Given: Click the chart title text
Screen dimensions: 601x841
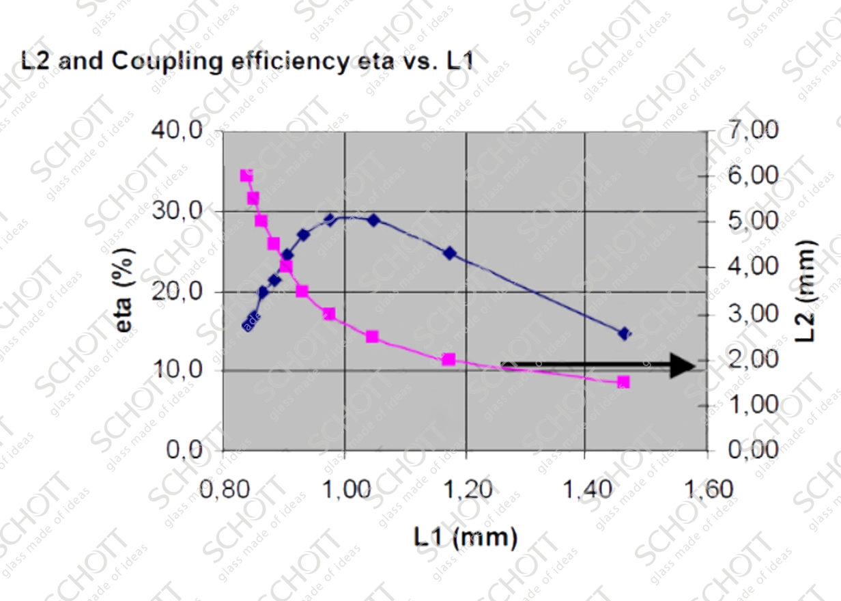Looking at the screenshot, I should coord(247,61).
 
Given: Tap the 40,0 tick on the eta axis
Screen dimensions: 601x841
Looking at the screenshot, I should coord(176,130).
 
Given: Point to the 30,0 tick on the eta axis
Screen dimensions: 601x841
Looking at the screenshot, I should coord(176,211).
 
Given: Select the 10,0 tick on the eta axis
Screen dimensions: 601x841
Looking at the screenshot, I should coord(176,370).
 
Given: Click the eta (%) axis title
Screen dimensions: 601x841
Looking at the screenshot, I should coord(125,291).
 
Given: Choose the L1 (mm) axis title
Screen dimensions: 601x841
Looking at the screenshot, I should coord(466,537).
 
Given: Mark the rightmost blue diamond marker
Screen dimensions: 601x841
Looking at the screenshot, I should coord(624,333).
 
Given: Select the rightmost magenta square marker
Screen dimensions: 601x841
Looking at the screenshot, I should coord(623,382).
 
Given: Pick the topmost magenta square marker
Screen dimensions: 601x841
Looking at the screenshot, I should coord(246,176).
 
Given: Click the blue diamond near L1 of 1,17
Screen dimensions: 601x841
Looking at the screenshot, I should coord(449,253).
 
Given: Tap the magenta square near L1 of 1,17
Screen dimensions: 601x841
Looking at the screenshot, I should coord(448,359).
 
